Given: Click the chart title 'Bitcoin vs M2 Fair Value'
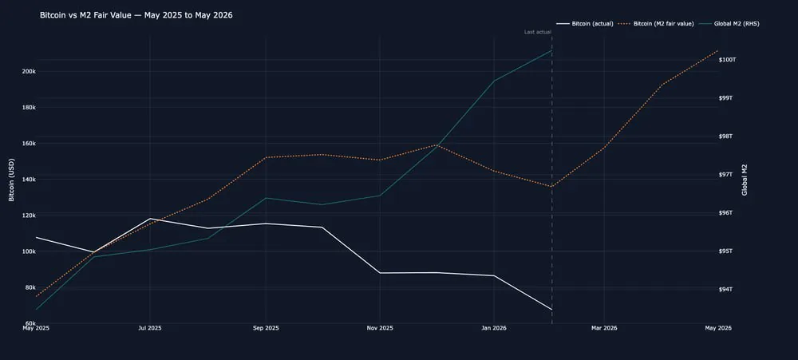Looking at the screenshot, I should pyautogui.click(x=136, y=15).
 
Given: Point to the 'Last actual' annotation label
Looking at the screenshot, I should pyautogui.click(x=537, y=32).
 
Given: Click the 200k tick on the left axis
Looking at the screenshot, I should pyautogui.click(x=29, y=72).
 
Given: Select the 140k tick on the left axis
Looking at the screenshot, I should pyautogui.click(x=29, y=180).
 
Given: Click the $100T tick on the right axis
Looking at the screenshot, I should pyautogui.click(x=728, y=60).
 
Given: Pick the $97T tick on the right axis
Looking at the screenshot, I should pyautogui.click(x=726, y=175).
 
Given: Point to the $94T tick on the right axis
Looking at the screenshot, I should pyautogui.click(x=726, y=290).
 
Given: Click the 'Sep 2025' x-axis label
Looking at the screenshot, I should pyautogui.click(x=266, y=328).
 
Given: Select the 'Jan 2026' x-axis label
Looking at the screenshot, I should pyautogui.click(x=494, y=328).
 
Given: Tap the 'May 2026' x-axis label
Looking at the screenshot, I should pyautogui.click(x=718, y=328).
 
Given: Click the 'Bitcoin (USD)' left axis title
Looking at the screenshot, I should pyautogui.click(x=11, y=180).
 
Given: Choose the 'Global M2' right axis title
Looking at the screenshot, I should pyautogui.click(x=745, y=180).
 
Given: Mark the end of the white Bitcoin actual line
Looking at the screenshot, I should pyautogui.click(x=551, y=310).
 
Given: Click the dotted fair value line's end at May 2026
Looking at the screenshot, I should pyautogui.click(x=718, y=50).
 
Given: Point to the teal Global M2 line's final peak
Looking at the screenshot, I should pyautogui.click(x=551, y=50).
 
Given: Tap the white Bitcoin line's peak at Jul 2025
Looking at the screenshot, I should pyautogui.click(x=150, y=219).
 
